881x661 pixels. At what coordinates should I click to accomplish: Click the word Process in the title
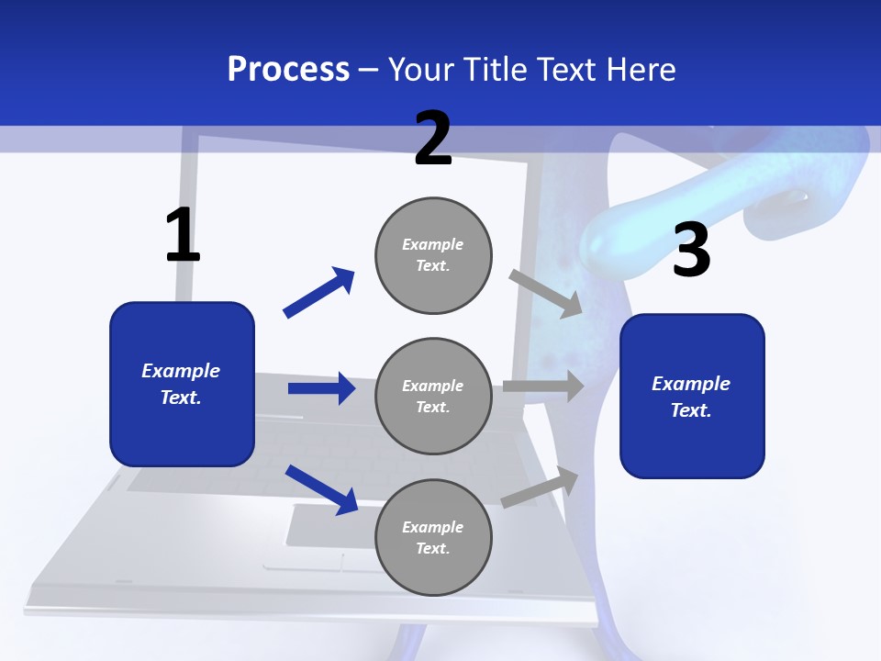click(x=288, y=70)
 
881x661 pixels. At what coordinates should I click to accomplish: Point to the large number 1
click(x=183, y=234)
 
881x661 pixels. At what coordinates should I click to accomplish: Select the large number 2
click(x=433, y=139)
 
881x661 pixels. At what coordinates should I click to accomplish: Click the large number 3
click(x=692, y=249)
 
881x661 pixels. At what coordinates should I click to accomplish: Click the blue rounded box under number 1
click(x=182, y=385)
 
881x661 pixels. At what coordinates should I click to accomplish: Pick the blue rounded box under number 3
click(x=692, y=397)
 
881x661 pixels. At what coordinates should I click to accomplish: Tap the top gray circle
click(x=433, y=256)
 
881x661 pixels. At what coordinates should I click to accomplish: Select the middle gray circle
click(x=433, y=397)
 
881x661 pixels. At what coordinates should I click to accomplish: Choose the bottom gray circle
click(x=433, y=538)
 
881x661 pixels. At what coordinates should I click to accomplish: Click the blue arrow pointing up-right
click(x=319, y=292)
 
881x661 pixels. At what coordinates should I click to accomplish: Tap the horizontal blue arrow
click(x=322, y=388)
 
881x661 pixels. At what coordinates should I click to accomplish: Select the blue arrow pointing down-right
click(x=322, y=489)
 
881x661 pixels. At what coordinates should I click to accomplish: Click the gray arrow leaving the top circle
click(x=545, y=294)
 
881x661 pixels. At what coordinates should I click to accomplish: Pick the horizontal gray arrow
click(x=544, y=386)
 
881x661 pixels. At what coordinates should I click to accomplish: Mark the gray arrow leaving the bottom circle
click(x=540, y=487)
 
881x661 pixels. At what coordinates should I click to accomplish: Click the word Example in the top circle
click(x=432, y=244)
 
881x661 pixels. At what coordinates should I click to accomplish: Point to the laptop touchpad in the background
click(x=331, y=525)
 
